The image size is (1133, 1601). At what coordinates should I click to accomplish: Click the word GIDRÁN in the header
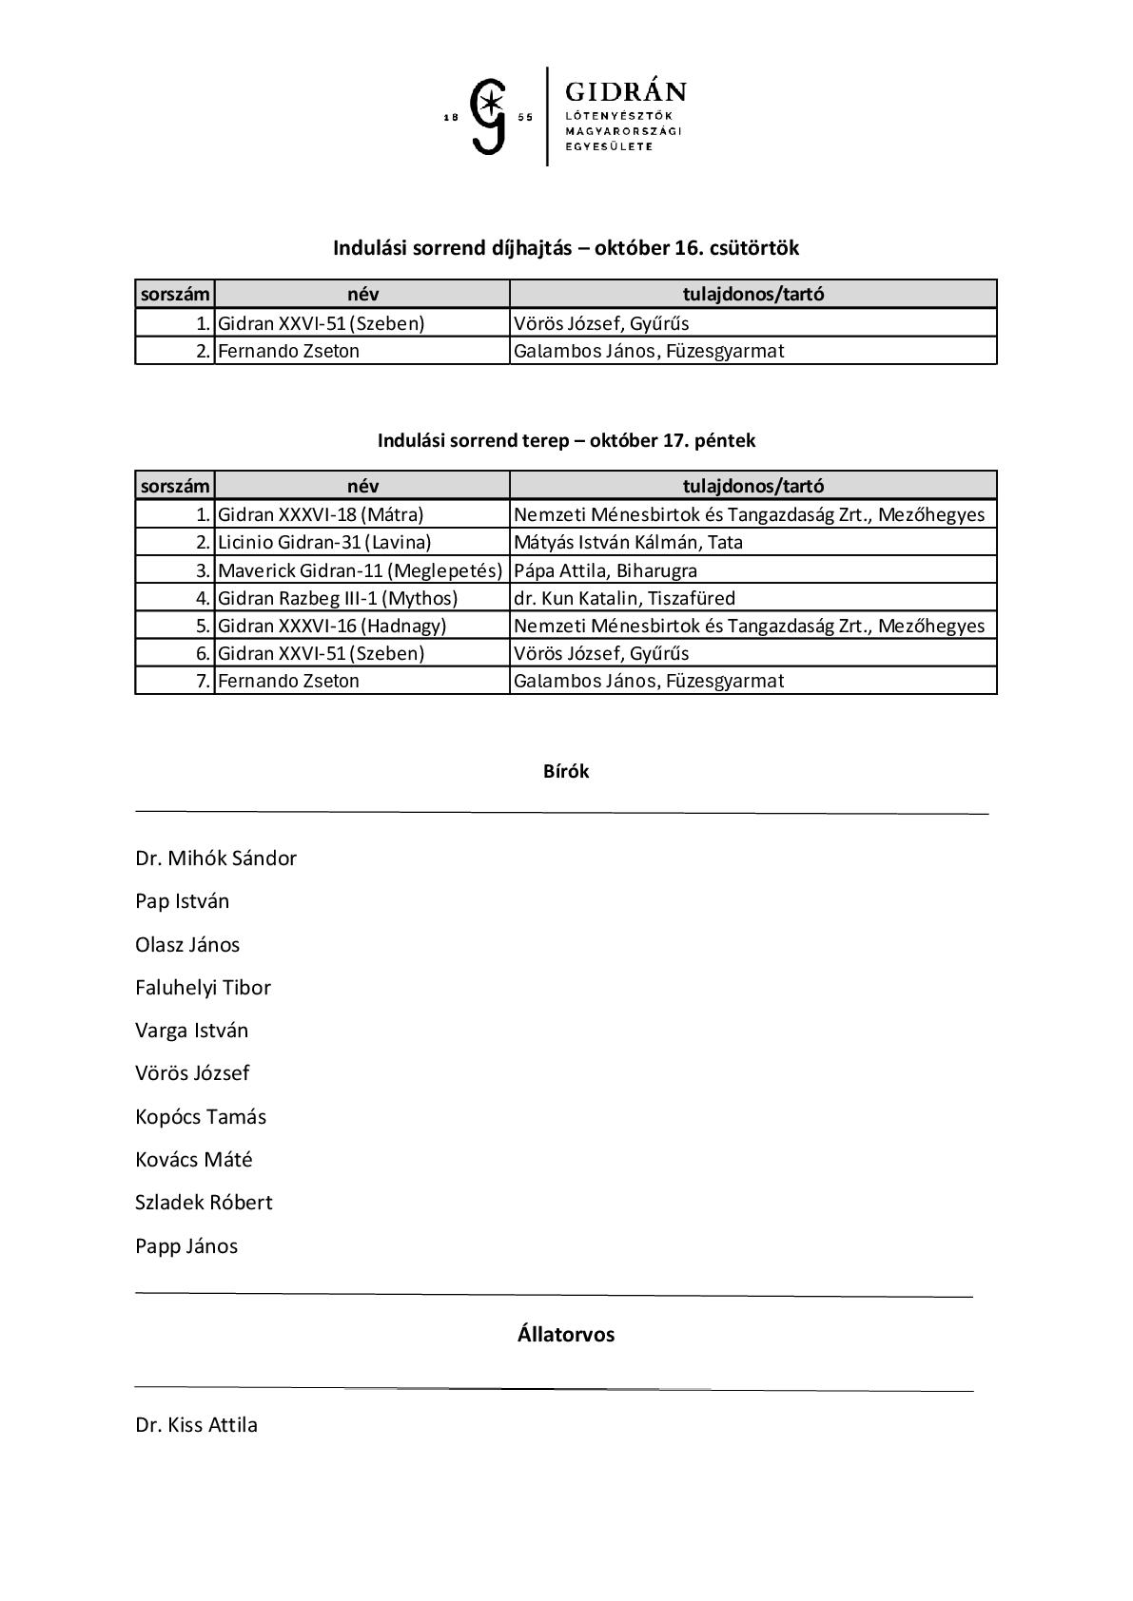[625, 92]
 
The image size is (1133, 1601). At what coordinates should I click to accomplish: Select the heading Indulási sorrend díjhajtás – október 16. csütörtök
[566, 248]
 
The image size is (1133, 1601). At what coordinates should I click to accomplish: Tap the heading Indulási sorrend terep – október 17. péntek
[566, 441]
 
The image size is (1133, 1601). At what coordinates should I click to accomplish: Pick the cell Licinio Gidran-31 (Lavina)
[324, 542]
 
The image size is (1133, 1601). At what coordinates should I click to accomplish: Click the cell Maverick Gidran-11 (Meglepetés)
[360, 570]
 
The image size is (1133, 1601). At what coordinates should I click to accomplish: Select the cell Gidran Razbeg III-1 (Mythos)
[338, 598]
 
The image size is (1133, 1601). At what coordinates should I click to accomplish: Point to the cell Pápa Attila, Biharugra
[605, 570]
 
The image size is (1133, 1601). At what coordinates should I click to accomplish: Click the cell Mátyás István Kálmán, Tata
[628, 542]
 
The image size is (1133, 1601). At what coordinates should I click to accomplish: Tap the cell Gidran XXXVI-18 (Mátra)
[321, 514]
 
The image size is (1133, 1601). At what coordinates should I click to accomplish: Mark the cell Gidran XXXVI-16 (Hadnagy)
[332, 626]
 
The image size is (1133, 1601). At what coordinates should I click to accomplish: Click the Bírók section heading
[566, 772]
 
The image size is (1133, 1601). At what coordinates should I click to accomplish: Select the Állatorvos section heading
[566, 1335]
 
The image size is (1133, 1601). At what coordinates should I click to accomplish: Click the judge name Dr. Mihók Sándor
[216, 858]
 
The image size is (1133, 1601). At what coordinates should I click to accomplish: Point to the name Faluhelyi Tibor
[203, 988]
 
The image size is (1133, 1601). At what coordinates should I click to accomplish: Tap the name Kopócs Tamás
[201, 1117]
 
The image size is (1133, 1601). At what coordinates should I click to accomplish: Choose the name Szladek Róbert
[204, 1203]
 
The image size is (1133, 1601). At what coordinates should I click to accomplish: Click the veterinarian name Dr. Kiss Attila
[196, 1425]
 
